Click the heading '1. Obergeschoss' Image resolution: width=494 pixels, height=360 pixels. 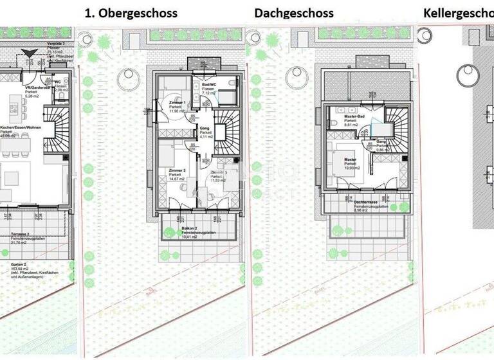(133, 13)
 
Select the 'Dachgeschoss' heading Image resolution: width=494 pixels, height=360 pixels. (294, 13)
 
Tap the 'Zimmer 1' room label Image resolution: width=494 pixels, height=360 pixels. (177, 103)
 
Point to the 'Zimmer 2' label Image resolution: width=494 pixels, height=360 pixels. (177, 170)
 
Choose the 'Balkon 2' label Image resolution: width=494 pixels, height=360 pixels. (188, 229)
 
